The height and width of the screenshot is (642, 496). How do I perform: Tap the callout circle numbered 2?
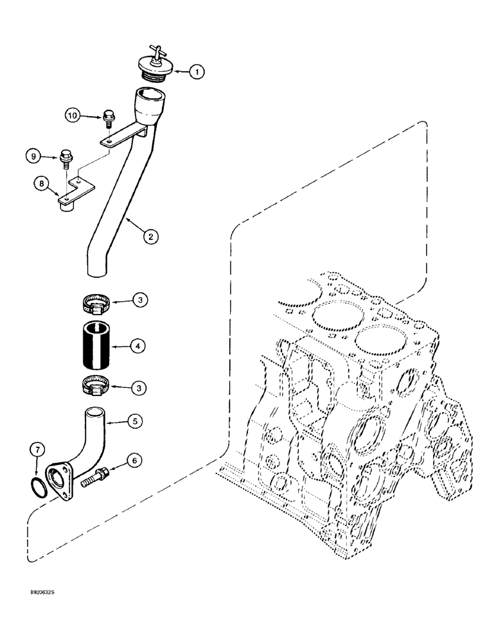[x=150, y=237]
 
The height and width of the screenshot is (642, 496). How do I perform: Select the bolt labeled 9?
[x=66, y=157]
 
